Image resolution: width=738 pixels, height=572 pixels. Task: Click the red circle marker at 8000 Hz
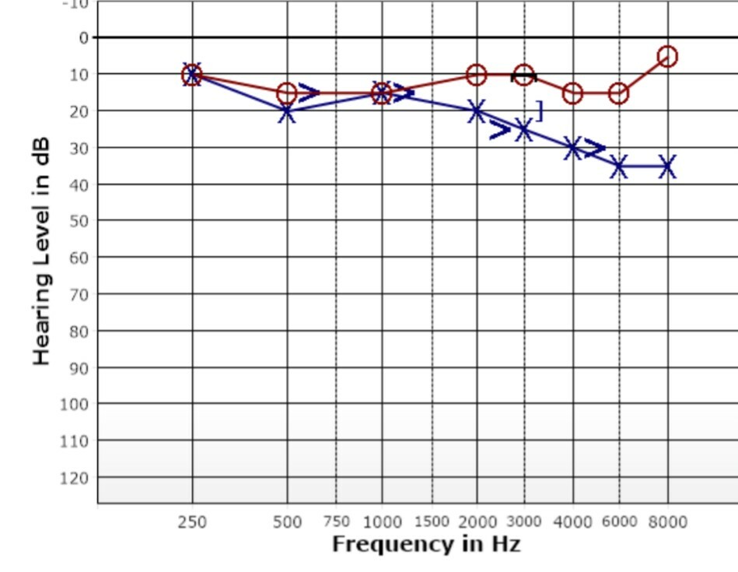667,56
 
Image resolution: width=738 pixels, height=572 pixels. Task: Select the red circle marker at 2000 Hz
476,75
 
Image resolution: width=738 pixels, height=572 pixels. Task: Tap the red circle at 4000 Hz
572,93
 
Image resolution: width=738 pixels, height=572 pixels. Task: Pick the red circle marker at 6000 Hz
618,93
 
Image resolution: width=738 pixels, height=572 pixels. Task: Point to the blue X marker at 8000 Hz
667,167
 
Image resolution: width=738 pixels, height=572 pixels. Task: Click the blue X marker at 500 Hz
287,112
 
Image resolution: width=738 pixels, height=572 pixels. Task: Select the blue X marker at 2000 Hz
476,111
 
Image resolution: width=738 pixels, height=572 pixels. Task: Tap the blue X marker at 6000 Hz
618,167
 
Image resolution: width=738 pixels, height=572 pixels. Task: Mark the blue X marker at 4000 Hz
572,148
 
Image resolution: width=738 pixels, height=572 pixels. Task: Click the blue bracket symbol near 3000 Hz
538,111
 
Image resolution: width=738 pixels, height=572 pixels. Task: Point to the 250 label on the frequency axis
192,522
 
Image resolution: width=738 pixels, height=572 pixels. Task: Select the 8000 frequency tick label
667,522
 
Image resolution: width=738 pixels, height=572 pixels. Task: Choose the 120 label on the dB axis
75,477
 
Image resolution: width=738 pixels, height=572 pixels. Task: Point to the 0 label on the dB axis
83,37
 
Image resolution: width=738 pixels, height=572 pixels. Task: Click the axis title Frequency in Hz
425,544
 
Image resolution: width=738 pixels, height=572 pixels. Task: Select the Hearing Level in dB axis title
42,251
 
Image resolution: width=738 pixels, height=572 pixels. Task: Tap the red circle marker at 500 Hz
287,93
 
